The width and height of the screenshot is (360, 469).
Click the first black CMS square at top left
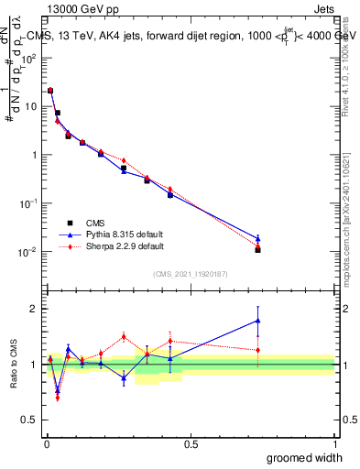tap(50, 91)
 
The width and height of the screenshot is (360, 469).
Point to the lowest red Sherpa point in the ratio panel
tap(58, 398)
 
